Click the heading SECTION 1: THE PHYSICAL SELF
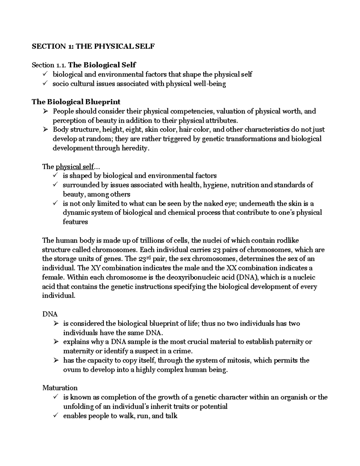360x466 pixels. pyautogui.click(x=93, y=47)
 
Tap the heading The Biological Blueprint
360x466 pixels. pyautogui.click(x=76, y=102)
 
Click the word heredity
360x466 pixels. pyautogui.click(x=135, y=148)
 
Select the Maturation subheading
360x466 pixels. pyautogui.click(x=60, y=388)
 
